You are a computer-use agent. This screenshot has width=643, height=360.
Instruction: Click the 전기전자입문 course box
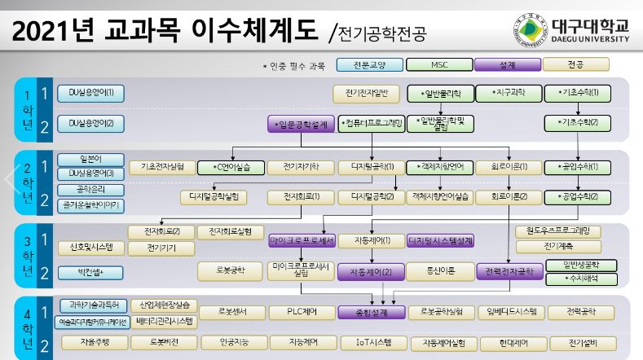(367, 94)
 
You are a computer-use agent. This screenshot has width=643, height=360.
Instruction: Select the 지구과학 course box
(507, 94)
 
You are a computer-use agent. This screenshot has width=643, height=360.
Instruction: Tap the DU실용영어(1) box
(90, 92)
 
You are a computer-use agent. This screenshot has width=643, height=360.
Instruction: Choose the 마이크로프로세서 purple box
(302, 241)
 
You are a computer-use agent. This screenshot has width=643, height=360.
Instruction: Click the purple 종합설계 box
(372, 312)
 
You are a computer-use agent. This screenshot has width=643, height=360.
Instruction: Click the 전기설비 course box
(584, 342)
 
